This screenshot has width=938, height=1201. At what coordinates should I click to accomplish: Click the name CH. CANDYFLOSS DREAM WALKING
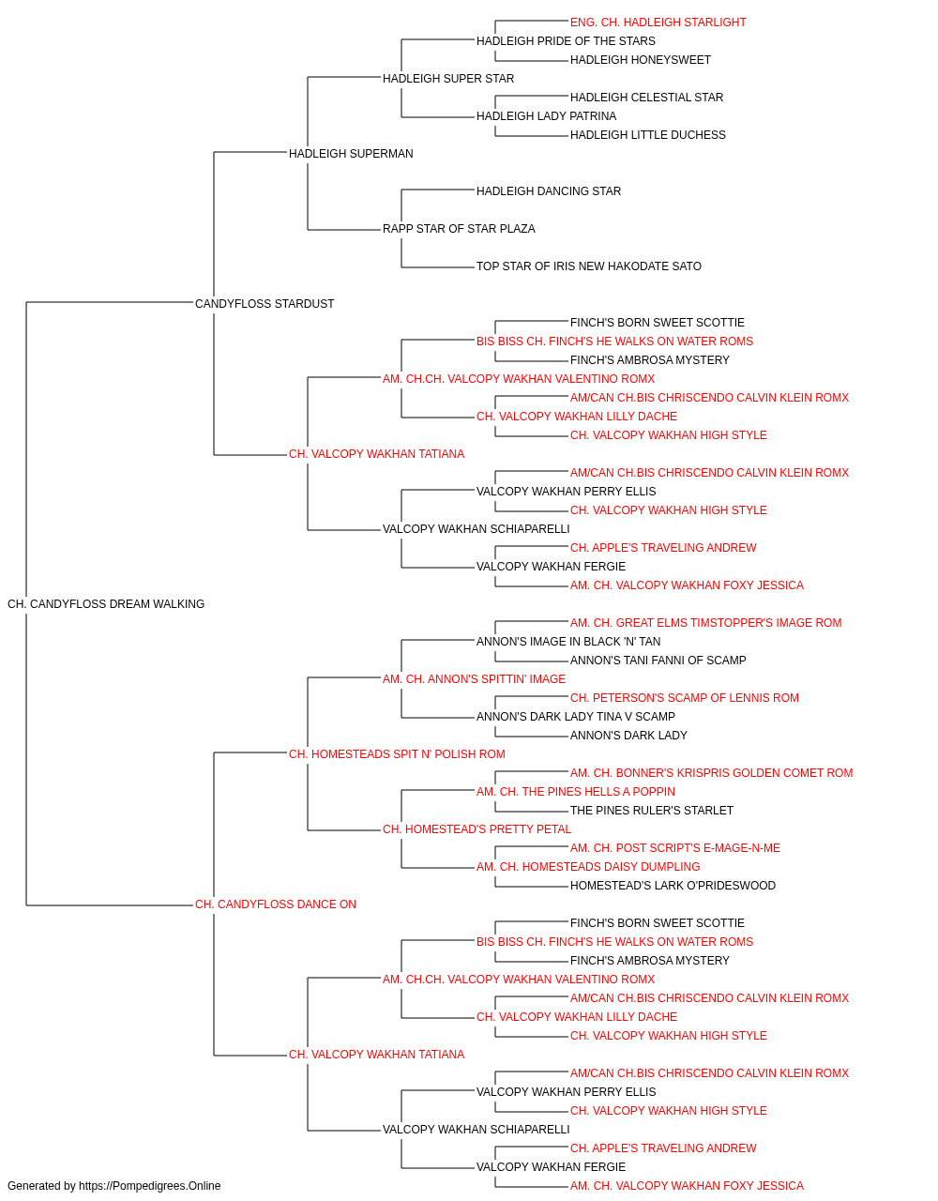pos(106,604)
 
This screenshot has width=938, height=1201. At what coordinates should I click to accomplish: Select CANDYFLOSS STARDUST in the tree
pos(265,304)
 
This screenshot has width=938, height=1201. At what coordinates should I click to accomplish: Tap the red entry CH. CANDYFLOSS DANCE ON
pos(276,905)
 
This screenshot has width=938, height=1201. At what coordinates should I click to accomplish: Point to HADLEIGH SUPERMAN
pos(351,154)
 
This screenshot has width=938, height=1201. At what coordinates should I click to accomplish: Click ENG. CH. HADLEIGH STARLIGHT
pos(658,23)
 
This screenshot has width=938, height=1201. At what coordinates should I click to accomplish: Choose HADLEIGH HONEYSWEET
pos(641,60)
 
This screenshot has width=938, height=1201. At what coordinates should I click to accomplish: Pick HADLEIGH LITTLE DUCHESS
pos(648,135)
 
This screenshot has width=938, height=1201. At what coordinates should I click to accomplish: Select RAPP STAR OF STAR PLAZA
pos(459,229)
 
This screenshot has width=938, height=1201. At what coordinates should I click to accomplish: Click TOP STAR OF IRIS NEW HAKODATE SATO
pos(589,266)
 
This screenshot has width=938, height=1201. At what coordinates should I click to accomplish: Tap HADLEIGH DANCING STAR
pos(549,191)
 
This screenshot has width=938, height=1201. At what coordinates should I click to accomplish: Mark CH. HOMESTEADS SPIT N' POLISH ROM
pos(397,754)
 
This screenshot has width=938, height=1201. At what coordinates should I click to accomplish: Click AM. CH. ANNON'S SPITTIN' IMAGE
pos(474,679)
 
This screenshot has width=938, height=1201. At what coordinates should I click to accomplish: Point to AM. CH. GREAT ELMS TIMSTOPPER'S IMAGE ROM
pos(706,623)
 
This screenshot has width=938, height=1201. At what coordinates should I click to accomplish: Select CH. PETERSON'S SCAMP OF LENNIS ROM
pos(685,698)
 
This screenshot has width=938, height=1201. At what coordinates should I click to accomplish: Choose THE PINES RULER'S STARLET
pos(652,811)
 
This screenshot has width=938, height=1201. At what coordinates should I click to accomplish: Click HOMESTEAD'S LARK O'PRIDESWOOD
pos(673,886)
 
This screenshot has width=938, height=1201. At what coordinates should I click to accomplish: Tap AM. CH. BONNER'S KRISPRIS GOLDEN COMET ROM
pos(712,773)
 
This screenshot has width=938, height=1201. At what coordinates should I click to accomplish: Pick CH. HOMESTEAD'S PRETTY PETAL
pos(477,829)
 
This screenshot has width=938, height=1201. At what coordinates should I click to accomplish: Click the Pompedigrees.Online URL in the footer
pos(150,1186)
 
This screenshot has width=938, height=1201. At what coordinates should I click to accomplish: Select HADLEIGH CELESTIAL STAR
pos(647,98)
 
